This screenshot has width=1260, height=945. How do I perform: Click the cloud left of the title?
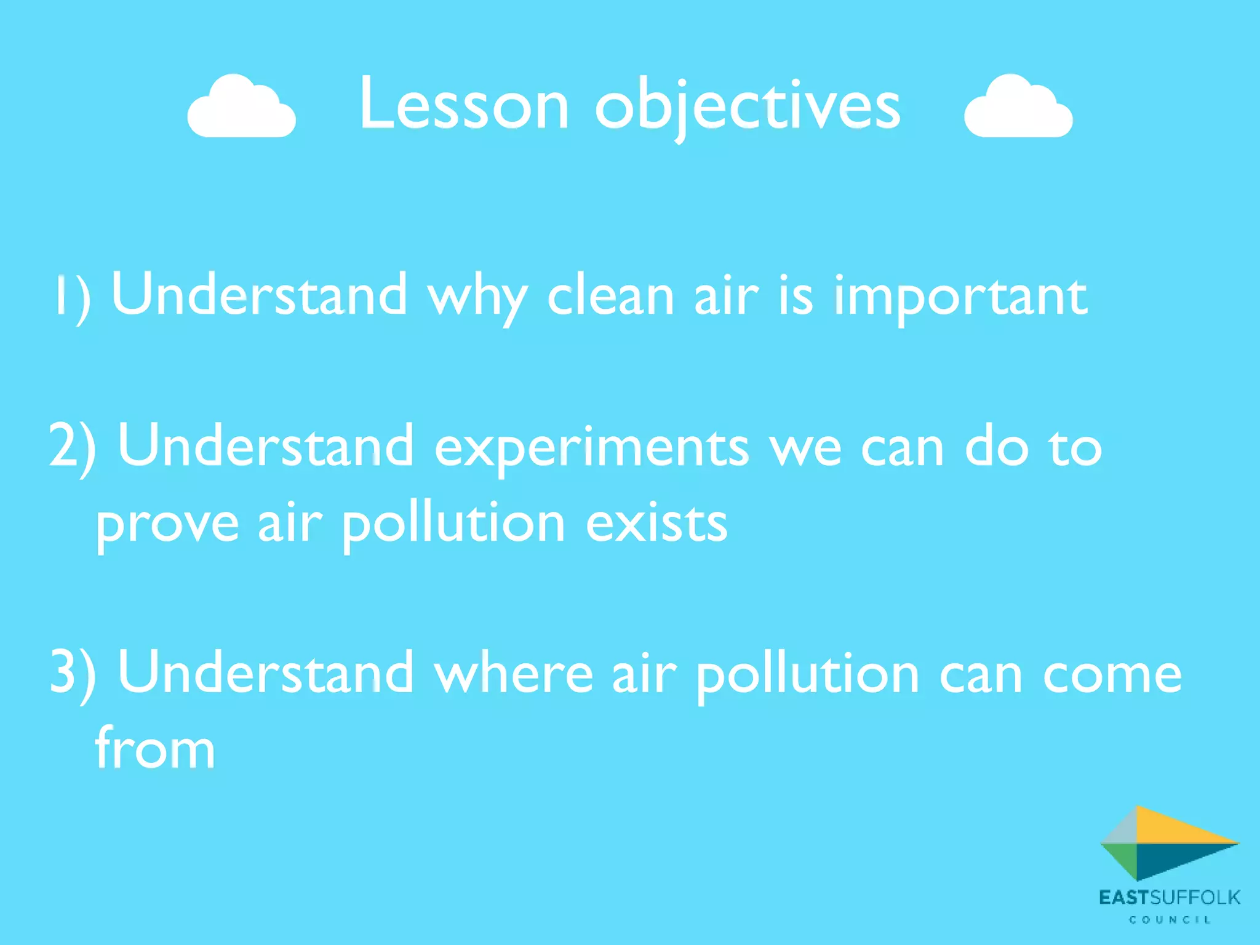pos(241,108)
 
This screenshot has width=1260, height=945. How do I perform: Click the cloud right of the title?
pos(1018,108)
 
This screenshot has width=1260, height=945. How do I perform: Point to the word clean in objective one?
pos(610,296)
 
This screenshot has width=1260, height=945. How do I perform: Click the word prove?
pos(167,525)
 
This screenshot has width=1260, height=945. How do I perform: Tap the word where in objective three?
pos(514,674)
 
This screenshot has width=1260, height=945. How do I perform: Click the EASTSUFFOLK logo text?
pos(1169,898)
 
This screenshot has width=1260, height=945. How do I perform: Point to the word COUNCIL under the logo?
pos(1170,920)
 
